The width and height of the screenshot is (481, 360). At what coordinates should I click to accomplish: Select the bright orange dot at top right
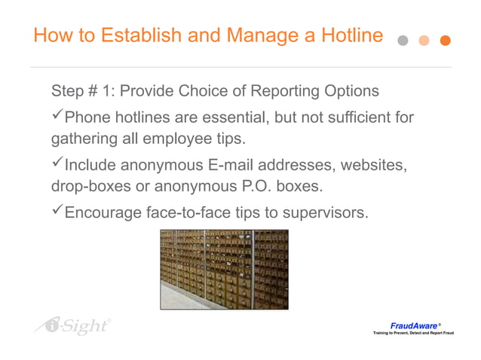pos(445,41)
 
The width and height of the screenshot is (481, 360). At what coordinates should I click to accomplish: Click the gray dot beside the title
pos(403,41)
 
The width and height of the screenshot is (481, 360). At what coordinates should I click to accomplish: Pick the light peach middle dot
pos(424,41)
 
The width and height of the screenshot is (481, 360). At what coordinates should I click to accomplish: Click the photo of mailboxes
pos(224,269)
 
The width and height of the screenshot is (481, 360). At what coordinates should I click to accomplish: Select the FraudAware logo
pos(414,328)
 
